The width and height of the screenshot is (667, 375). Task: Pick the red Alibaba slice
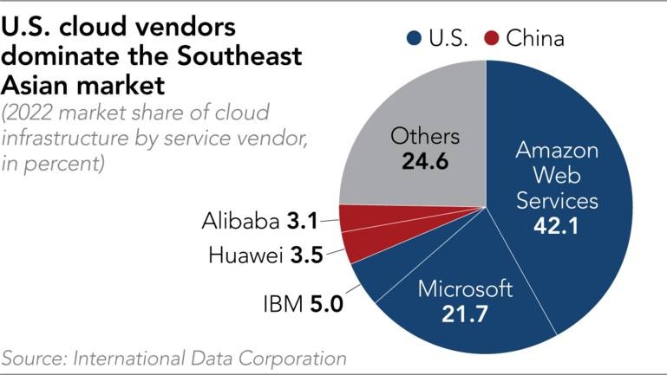364,217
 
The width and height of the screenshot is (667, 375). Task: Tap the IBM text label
283,305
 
